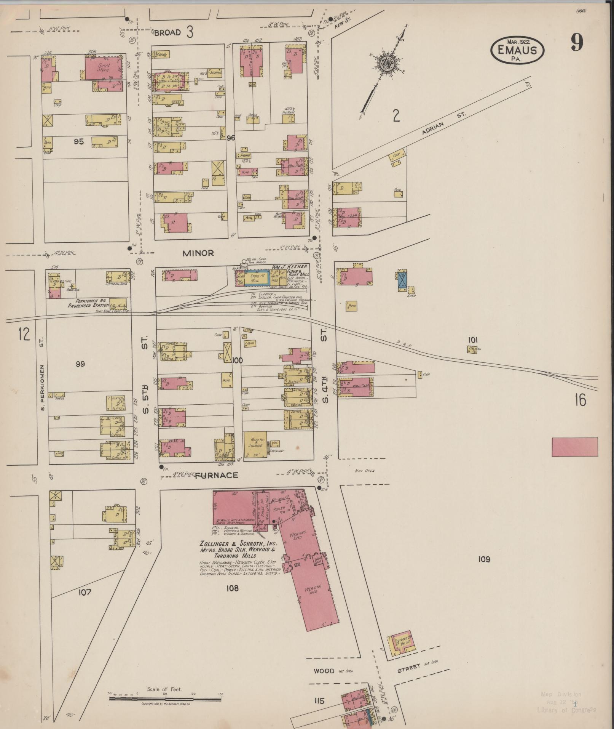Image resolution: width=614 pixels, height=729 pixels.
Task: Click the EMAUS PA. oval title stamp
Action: pyautogui.click(x=517, y=50)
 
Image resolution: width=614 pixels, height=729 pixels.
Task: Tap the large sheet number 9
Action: pyautogui.click(x=576, y=43)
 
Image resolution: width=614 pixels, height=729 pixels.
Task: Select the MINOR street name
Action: pyautogui.click(x=198, y=253)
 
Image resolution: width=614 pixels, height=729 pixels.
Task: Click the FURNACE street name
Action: pyautogui.click(x=216, y=475)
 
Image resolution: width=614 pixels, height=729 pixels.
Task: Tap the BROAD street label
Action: pyautogui.click(x=167, y=33)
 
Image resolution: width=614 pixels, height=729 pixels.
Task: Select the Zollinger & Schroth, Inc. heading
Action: pyautogui.click(x=238, y=543)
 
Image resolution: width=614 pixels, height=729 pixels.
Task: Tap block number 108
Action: pyautogui.click(x=232, y=588)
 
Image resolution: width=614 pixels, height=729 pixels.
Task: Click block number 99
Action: pyautogui.click(x=80, y=364)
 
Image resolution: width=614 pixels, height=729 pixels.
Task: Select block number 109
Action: pyautogui.click(x=484, y=559)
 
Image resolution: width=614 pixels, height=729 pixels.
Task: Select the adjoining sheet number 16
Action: pyautogui.click(x=581, y=400)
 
